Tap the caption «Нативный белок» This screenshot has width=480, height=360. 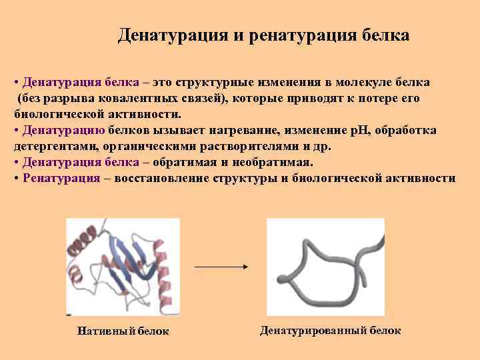coord(123,331)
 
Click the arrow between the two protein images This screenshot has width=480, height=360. coord(221,267)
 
